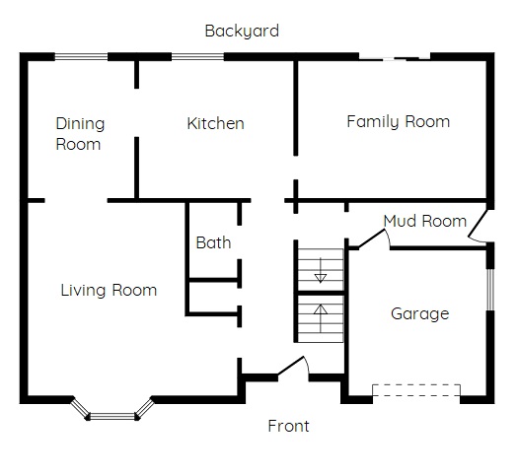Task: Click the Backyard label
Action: [x=242, y=32]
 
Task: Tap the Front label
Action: [x=288, y=426]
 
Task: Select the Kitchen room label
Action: [x=215, y=123]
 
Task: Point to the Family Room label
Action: [x=398, y=122]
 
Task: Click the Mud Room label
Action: [x=425, y=221]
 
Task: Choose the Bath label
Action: [x=213, y=242]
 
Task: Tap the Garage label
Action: [x=420, y=313]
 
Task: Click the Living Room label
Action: [x=109, y=291]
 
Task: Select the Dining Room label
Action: [x=80, y=134]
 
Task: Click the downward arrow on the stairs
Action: [x=321, y=270]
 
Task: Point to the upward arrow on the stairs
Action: [x=321, y=318]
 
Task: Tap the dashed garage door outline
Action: [x=416, y=390]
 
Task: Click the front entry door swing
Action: [x=294, y=367]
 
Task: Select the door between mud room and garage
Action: [x=374, y=238]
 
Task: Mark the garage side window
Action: [x=490, y=290]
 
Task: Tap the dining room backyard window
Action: [x=81, y=57]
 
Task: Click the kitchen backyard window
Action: [x=197, y=57]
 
